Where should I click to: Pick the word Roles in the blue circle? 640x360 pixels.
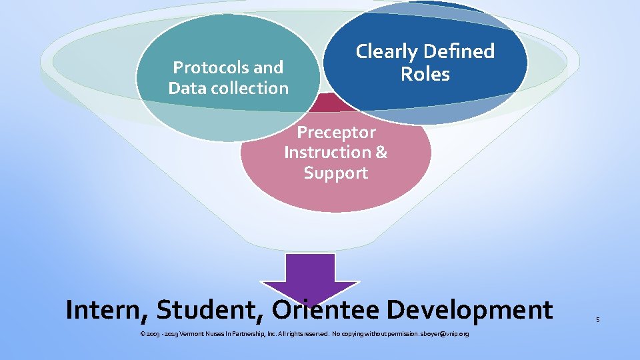425,74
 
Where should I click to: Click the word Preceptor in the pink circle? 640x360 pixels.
336,132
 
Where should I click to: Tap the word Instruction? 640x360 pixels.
327,152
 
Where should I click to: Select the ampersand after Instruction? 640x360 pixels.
381,152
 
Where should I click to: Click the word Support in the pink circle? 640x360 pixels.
335,173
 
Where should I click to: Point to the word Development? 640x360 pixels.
469,310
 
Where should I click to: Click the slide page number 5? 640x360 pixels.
598,320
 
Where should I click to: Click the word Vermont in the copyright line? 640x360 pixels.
193,333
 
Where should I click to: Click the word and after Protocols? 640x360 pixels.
269,67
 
